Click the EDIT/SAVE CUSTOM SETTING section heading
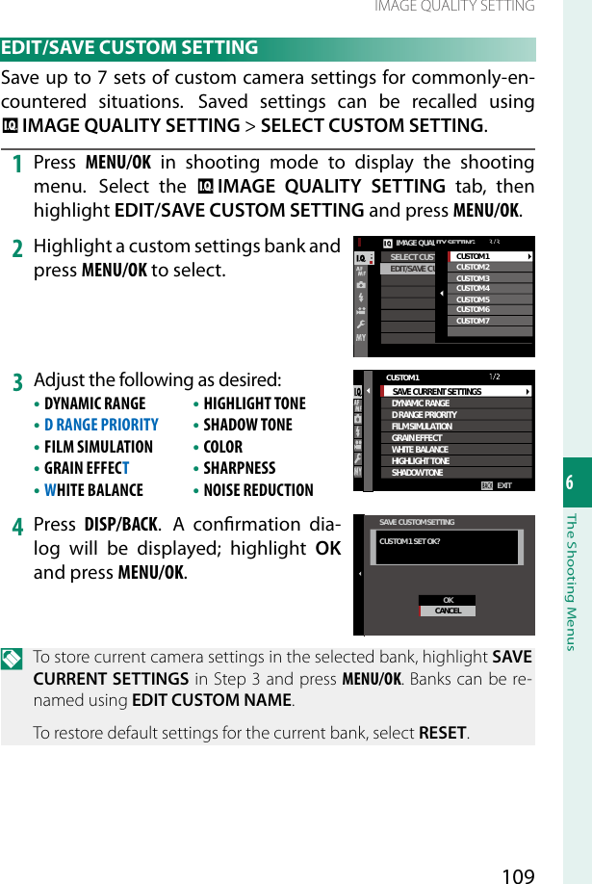pos(131,48)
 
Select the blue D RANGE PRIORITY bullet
pos(101,425)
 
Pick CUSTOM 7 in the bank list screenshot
pos(474,321)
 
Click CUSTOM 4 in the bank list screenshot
pos(474,289)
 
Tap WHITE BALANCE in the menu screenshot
pos(421,450)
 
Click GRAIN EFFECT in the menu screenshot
pos(417,438)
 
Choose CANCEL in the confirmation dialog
pos(448,611)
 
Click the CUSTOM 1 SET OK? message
pos(411,542)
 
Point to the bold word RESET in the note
pos(444,732)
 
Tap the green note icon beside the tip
pos(14,659)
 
